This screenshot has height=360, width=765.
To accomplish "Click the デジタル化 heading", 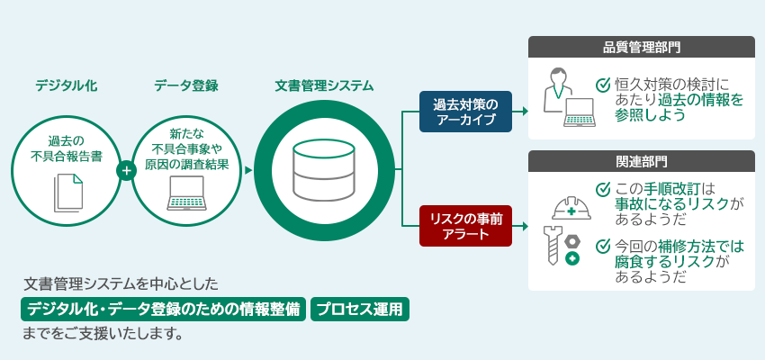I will tap(67, 86).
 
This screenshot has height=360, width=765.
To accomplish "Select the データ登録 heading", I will tap(186, 86).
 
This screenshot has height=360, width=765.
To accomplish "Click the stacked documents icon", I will tap(67, 191).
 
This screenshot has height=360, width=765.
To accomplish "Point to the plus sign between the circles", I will tap(126, 168).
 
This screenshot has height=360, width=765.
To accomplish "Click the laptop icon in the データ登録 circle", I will tap(187, 193).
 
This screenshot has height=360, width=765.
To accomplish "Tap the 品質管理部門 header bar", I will tap(641, 48).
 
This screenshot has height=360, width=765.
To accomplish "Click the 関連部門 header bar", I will tap(641, 162).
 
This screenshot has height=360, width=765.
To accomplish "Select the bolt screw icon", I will tap(551, 246).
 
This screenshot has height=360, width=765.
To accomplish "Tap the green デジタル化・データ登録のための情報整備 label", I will tap(162, 310).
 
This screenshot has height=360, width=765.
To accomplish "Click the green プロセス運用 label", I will tap(361, 310).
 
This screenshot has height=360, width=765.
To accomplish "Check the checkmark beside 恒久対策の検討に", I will tap(604, 85).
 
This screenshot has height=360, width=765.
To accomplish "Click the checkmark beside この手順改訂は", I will tap(604, 189).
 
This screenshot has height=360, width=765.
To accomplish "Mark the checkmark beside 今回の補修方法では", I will tap(604, 244).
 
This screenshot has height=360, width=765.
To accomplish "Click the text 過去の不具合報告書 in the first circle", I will tap(67, 148).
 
